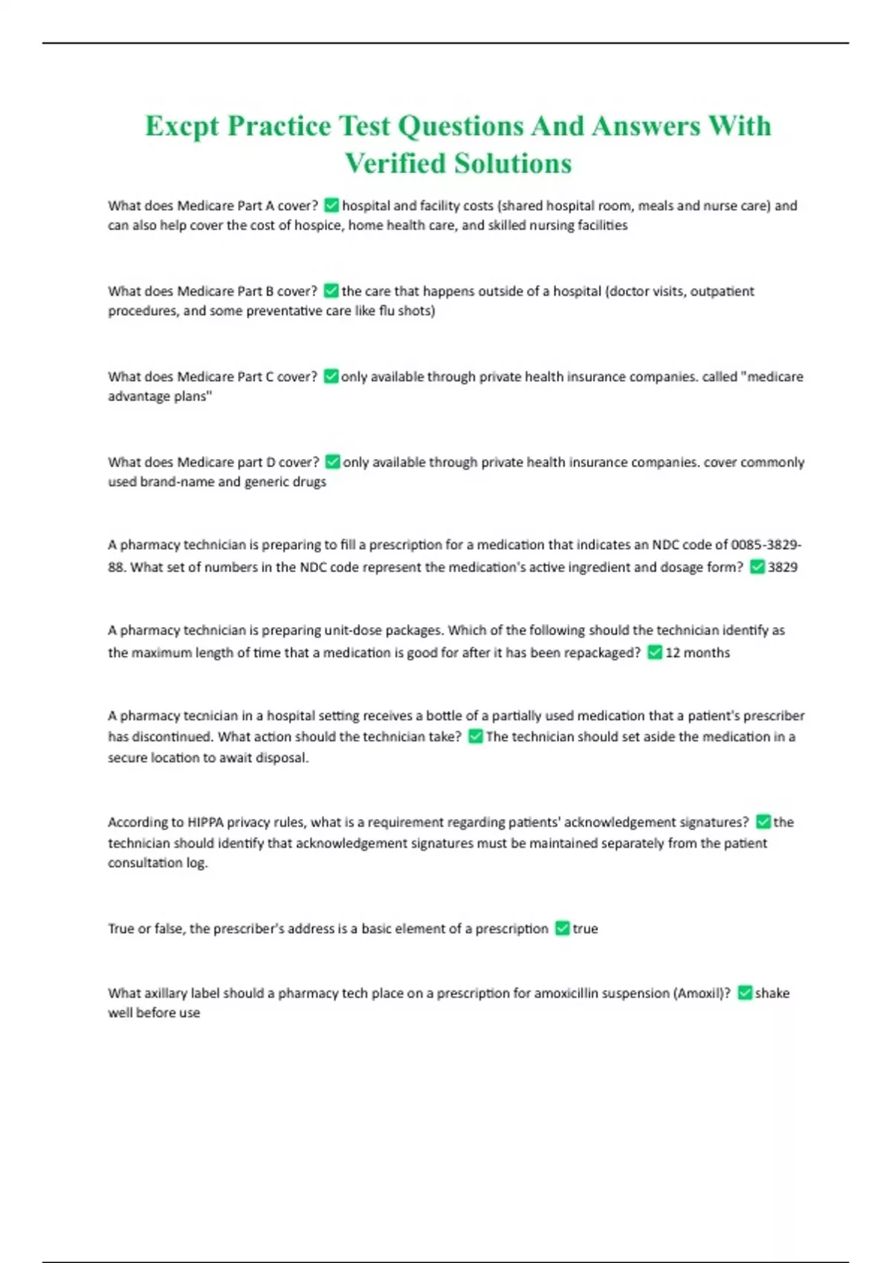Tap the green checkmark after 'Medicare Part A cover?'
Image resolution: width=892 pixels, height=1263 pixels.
coord(332,206)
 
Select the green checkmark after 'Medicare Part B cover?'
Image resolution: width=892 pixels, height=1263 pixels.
coord(332,291)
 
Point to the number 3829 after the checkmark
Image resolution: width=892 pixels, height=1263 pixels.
coord(783,568)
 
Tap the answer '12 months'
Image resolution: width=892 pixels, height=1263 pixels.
coord(697,653)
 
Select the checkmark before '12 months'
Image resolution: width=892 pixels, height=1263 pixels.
coord(654,653)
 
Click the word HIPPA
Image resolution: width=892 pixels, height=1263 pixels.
coord(205,822)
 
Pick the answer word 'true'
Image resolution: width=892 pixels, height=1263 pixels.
coord(585,929)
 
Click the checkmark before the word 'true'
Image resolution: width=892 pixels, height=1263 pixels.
coord(562,929)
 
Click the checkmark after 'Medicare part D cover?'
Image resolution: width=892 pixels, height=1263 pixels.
coord(332,462)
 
